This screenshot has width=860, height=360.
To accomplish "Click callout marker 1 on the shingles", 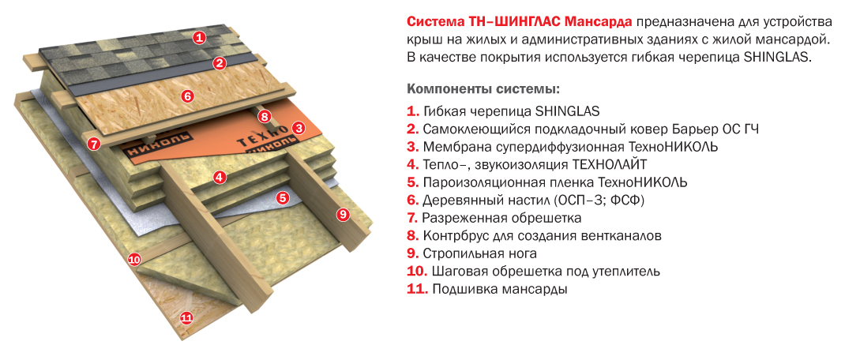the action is (199, 37).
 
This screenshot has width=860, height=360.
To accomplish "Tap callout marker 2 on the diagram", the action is (220, 63).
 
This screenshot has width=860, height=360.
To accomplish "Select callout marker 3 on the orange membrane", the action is (299, 128).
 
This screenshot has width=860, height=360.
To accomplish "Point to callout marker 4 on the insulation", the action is (220, 177).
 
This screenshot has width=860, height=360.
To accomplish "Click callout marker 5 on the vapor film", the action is (283, 198).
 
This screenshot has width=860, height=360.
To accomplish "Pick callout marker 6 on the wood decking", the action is (187, 96).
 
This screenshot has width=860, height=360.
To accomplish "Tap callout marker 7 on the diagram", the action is (94, 144).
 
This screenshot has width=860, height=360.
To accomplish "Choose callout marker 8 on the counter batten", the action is (265, 116).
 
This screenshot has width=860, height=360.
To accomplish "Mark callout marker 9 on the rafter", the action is (344, 214).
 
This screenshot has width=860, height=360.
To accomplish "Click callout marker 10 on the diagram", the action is (134, 259).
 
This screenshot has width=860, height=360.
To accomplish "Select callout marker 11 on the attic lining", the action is (186, 317).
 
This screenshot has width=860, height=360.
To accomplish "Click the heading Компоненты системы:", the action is (483, 88).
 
